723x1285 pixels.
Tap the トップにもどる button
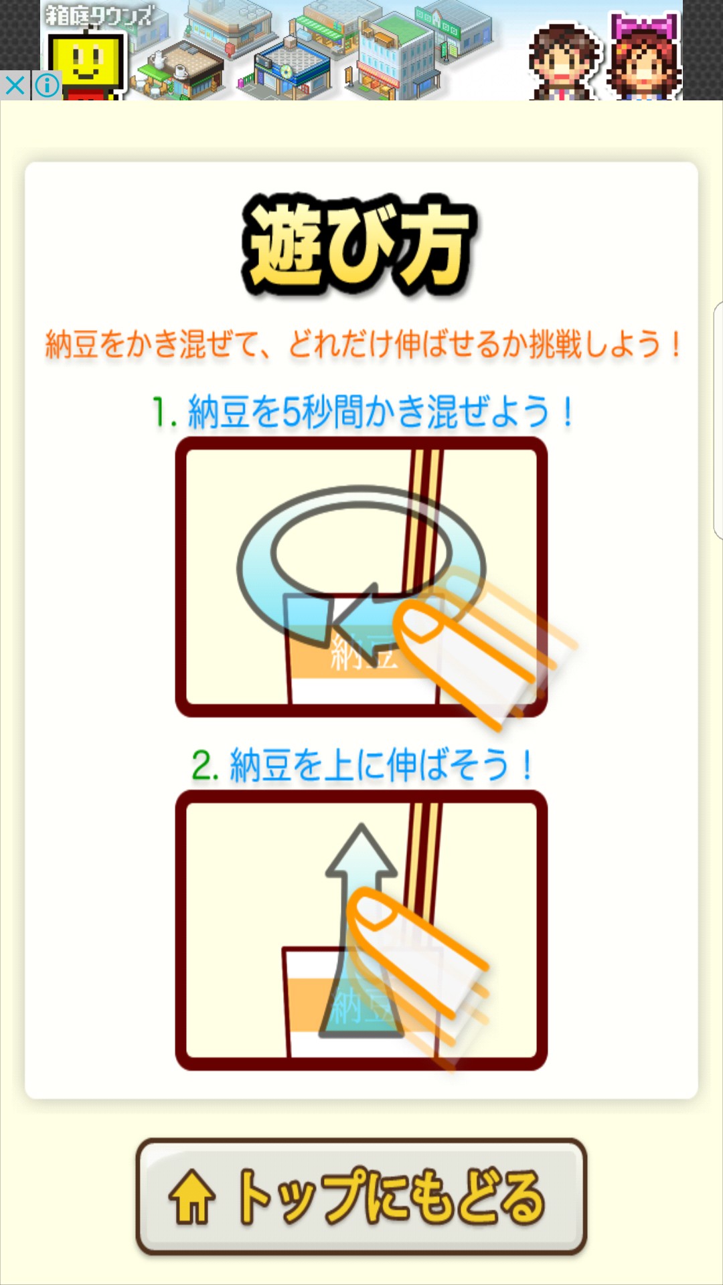point(361,1196)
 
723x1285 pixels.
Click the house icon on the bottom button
point(192,1197)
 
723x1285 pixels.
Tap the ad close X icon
point(15,86)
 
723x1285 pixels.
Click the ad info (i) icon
point(47,86)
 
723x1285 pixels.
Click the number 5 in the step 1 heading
point(292,412)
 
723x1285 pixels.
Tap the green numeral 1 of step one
point(160,412)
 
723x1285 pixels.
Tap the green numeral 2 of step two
point(202,766)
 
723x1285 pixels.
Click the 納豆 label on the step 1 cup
point(364,653)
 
